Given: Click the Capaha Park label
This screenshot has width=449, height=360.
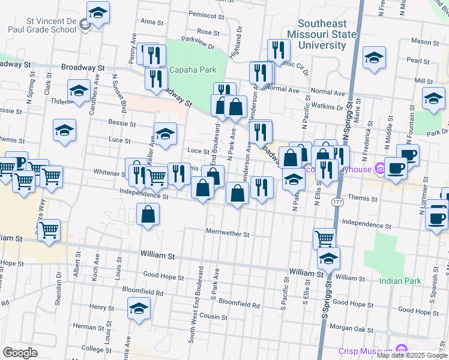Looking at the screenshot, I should [192, 70].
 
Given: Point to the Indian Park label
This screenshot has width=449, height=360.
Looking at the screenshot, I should [400, 280].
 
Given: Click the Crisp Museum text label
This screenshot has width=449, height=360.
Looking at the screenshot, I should [365, 350].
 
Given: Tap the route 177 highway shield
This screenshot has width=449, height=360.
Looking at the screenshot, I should [338, 203].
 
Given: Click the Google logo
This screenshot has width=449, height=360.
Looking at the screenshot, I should [20, 352].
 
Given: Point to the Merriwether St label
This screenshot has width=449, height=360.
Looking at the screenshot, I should [227, 233].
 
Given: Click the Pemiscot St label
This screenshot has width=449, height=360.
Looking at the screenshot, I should [202, 13].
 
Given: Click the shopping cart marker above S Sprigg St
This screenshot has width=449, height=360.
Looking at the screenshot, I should [324, 238].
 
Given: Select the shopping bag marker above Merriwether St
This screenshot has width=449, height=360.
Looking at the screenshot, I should [148, 214].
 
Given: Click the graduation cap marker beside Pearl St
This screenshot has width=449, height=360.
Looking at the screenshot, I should [374, 58].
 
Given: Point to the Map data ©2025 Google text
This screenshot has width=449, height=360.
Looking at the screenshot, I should [412, 355].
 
